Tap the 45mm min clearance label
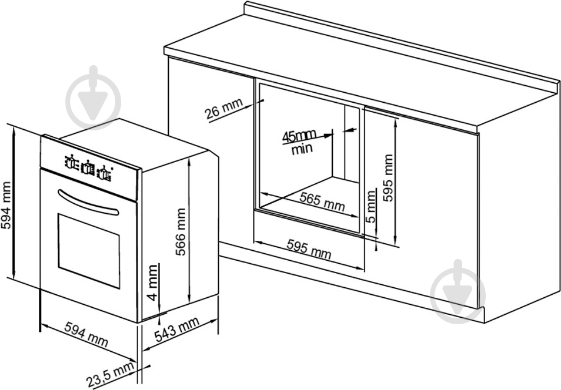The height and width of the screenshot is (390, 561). pos(300,142)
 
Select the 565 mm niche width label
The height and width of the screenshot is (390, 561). pos(322,201)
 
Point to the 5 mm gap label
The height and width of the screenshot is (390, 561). pos(371,207)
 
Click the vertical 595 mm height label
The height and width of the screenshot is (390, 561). pos(388,178)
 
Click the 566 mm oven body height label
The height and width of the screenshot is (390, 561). pos(181,231)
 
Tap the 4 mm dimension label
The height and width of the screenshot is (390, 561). pos(153,283)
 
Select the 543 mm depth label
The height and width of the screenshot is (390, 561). pos(177,330)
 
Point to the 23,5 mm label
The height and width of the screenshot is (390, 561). pos(111,374)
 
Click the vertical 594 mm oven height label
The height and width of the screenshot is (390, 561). pos(6,205)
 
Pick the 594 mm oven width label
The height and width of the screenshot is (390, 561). pos(86,334)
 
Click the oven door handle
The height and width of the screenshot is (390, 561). pos(88,203)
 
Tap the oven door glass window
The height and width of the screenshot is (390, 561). pos(89,251)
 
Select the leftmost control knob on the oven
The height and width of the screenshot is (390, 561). pos(71,162)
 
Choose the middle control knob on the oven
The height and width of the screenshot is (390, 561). pos(87,168)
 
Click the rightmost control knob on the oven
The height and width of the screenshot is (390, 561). pos(103,173)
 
